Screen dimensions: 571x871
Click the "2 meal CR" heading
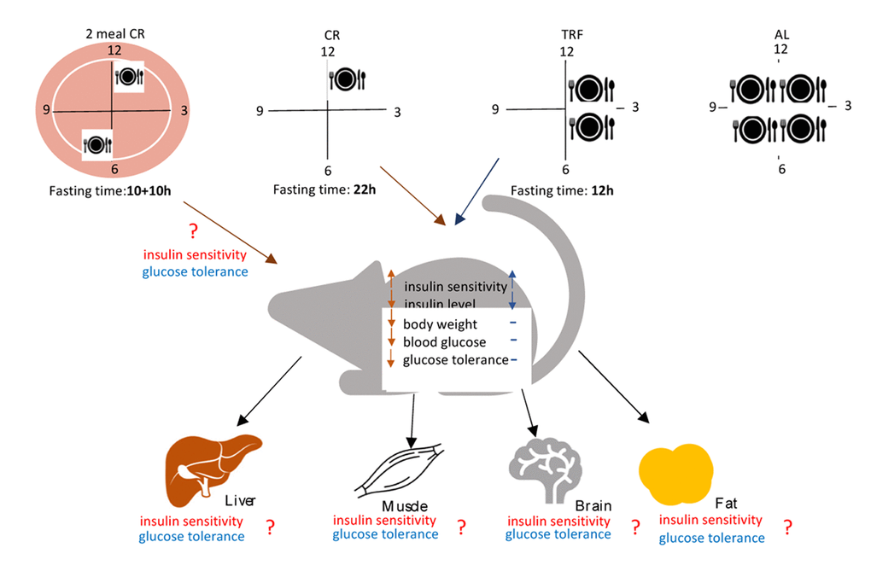pos(113,33)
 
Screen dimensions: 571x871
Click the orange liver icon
pos(209,466)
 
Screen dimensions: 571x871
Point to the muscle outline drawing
pos(400,469)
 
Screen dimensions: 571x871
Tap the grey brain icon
pos(546,467)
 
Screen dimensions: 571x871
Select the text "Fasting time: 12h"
pos(562,189)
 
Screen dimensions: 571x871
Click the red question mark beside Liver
pos(270,527)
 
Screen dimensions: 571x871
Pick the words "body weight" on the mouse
pos(440,324)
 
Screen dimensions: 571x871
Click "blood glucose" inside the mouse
pos(444,342)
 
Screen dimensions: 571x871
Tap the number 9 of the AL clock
pos(711,107)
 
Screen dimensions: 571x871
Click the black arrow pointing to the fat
pos(614,392)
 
